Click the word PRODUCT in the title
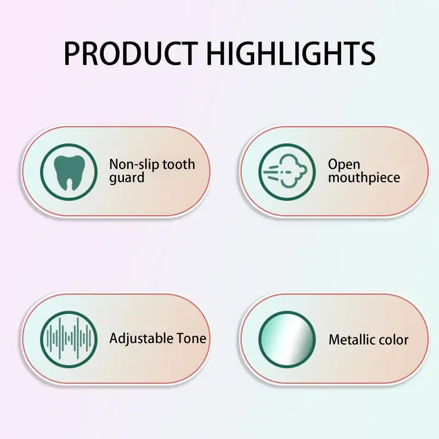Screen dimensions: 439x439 (131, 53)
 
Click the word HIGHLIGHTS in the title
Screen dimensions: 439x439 (291, 53)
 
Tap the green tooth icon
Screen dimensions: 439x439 (69, 172)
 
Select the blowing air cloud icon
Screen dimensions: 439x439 (287, 172)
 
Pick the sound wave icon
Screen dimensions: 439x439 (69, 339)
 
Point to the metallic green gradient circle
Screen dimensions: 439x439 (287, 339)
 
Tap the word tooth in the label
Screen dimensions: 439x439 (179, 164)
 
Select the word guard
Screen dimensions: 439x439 (127, 178)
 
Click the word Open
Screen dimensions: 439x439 (344, 165)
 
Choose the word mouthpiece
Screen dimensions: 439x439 (364, 178)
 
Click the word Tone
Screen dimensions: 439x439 (187, 339)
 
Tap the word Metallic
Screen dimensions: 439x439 (352, 340)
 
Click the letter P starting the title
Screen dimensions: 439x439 (72, 53)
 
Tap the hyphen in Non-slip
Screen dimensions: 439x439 (136, 166)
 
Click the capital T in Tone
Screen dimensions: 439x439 (173, 338)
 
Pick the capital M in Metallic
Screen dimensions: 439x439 (334, 340)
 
